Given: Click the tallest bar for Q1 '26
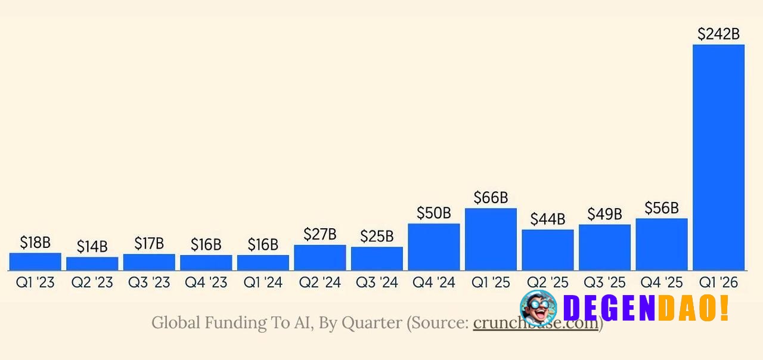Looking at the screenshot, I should tap(718, 157).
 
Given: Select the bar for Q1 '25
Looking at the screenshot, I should tap(491, 239).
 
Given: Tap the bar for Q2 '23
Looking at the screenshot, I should tap(92, 263).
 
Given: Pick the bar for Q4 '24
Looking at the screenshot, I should tap(434, 247).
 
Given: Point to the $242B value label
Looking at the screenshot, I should tap(718, 35).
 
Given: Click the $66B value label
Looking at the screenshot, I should tap(491, 198).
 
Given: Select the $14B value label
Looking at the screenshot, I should tap(92, 247).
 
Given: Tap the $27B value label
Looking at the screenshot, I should tap(320, 234).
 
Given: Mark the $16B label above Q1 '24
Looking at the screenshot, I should tap(263, 244).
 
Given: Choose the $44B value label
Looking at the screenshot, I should tap(548, 219).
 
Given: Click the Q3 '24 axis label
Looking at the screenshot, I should tap(377, 283).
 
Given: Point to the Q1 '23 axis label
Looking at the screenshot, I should tap(35, 283).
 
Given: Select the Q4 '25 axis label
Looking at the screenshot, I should tap(662, 283).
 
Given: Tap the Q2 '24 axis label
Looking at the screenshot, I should tap(320, 283).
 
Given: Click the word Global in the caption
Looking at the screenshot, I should tap(176, 323).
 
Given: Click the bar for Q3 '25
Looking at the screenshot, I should tap(604, 247).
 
